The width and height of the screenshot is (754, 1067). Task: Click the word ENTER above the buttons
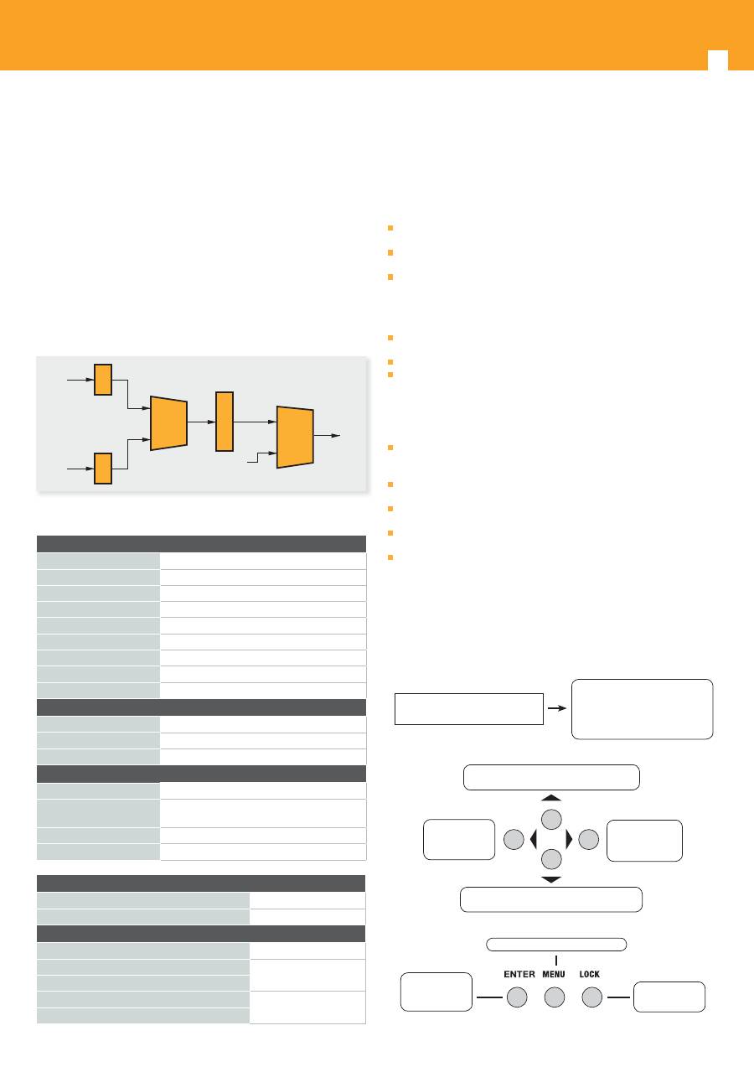[519, 974]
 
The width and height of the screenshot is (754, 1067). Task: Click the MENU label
[554, 974]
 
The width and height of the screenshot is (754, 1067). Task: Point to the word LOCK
[589, 974]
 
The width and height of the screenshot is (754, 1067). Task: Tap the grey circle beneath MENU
[555, 997]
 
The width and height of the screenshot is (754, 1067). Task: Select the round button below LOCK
[592, 997]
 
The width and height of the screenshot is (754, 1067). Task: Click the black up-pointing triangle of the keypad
[551, 797]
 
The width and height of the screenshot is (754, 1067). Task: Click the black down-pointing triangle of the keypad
[551, 880]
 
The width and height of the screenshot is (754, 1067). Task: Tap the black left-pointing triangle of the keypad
[533, 839]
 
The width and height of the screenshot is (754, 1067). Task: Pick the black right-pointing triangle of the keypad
[570, 839]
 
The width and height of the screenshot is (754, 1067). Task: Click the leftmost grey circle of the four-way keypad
[514, 839]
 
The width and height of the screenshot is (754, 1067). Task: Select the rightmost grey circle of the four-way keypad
[589, 839]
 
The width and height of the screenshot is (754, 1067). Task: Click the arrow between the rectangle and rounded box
[557, 708]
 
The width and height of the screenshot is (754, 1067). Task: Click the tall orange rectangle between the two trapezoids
[225, 422]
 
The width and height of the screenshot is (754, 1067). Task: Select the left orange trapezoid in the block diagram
[169, 423]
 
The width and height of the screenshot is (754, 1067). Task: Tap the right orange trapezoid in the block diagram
[295, 438]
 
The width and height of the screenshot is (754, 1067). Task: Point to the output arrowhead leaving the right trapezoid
[336, 435]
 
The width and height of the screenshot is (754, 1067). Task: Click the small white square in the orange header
[718, 60]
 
